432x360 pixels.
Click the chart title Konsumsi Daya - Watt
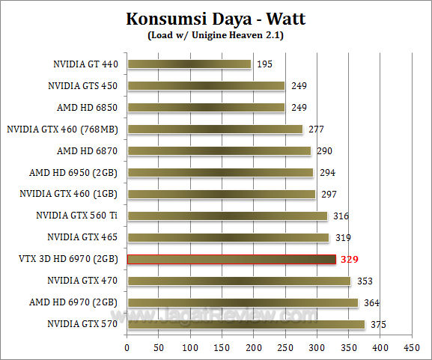[216, 19]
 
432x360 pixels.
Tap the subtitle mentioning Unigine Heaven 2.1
[216, 34]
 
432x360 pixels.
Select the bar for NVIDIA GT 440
[189, 64]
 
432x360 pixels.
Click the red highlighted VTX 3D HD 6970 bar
[231, 260]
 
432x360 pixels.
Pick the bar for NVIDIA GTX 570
[246, 324]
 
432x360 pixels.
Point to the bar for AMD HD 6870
[219, 151]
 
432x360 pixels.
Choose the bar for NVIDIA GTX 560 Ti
[227, 216]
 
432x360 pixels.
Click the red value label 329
[350, 260]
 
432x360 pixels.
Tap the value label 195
[264, 64]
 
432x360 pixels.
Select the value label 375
[378, 324]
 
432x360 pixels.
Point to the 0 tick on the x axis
[127, 348]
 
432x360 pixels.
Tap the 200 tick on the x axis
[254, 348]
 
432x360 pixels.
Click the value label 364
[371, 303]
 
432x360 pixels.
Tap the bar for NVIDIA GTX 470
[239, 281]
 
